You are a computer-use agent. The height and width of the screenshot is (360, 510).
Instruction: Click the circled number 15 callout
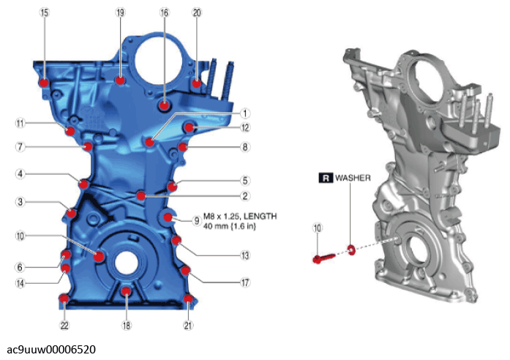pyautogui.click(x=44, y=12)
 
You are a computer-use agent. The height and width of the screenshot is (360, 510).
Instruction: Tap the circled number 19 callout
pyautogui.click(x=120, y=12)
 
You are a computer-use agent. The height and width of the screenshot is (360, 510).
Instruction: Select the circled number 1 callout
pyautogui.click(x=245, y=113)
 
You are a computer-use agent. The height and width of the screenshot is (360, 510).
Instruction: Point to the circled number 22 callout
pyautogui.click(x=64, y=325)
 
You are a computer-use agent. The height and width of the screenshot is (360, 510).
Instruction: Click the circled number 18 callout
pyautogui.click(x=127, y=325)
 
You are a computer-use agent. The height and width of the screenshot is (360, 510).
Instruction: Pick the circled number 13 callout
pyautogui.click(x=245, y=255)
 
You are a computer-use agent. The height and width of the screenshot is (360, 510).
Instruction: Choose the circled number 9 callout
pyautogui.click(x=196, y=221)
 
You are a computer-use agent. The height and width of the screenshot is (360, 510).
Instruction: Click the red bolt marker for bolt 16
pyautogui.click(x=164, y=105)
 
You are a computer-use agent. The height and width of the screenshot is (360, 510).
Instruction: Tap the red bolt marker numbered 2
pyautogui.click(x=140, y=195)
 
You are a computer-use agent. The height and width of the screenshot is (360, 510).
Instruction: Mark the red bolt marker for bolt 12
pyautogui.click(x=190, y=127)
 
